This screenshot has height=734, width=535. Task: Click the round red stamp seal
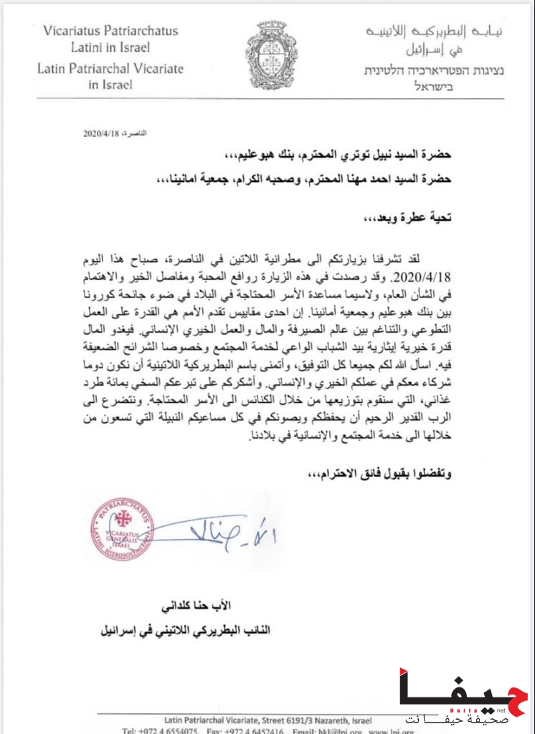coord(122,528)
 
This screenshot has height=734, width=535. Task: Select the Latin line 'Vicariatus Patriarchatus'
coord(110,31)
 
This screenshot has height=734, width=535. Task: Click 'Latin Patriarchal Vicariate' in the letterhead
coord(110,69)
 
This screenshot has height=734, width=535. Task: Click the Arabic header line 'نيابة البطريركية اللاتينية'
coord(435,32)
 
